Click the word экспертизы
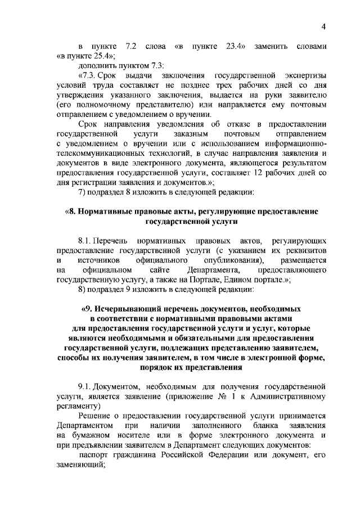tap(304, 75)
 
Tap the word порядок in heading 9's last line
tap(152, 368)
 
